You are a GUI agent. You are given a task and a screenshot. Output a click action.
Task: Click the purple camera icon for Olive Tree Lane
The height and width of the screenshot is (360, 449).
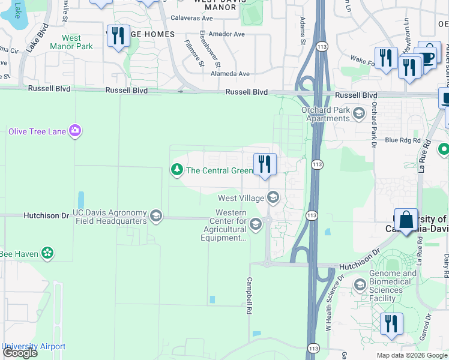point(74,131)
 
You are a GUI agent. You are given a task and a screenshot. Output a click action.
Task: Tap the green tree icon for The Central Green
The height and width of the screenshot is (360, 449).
point(176,170)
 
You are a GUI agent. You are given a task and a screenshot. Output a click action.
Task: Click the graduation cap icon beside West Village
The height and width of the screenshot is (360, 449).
point(273,197)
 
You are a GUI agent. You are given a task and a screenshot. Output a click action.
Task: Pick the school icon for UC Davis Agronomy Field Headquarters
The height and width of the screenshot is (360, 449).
point(156,217)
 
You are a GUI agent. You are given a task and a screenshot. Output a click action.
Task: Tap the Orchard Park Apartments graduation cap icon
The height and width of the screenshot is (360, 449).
point(359,113)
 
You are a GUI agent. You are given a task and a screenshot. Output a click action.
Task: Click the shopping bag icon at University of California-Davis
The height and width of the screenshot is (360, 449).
point(406,221)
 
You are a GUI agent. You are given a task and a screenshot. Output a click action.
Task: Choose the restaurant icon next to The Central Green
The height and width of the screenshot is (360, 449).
point(264,164)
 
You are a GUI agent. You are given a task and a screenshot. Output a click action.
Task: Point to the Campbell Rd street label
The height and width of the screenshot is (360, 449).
point(247,296)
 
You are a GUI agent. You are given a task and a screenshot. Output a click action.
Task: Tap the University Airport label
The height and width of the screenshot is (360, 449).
point(33,346)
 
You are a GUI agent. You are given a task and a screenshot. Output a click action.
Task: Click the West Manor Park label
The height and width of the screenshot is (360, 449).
point(71,42)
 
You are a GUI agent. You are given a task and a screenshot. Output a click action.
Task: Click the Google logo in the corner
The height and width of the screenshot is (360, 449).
point(20,353)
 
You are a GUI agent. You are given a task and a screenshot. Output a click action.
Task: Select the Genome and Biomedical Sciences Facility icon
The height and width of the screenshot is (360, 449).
point(360,284)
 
